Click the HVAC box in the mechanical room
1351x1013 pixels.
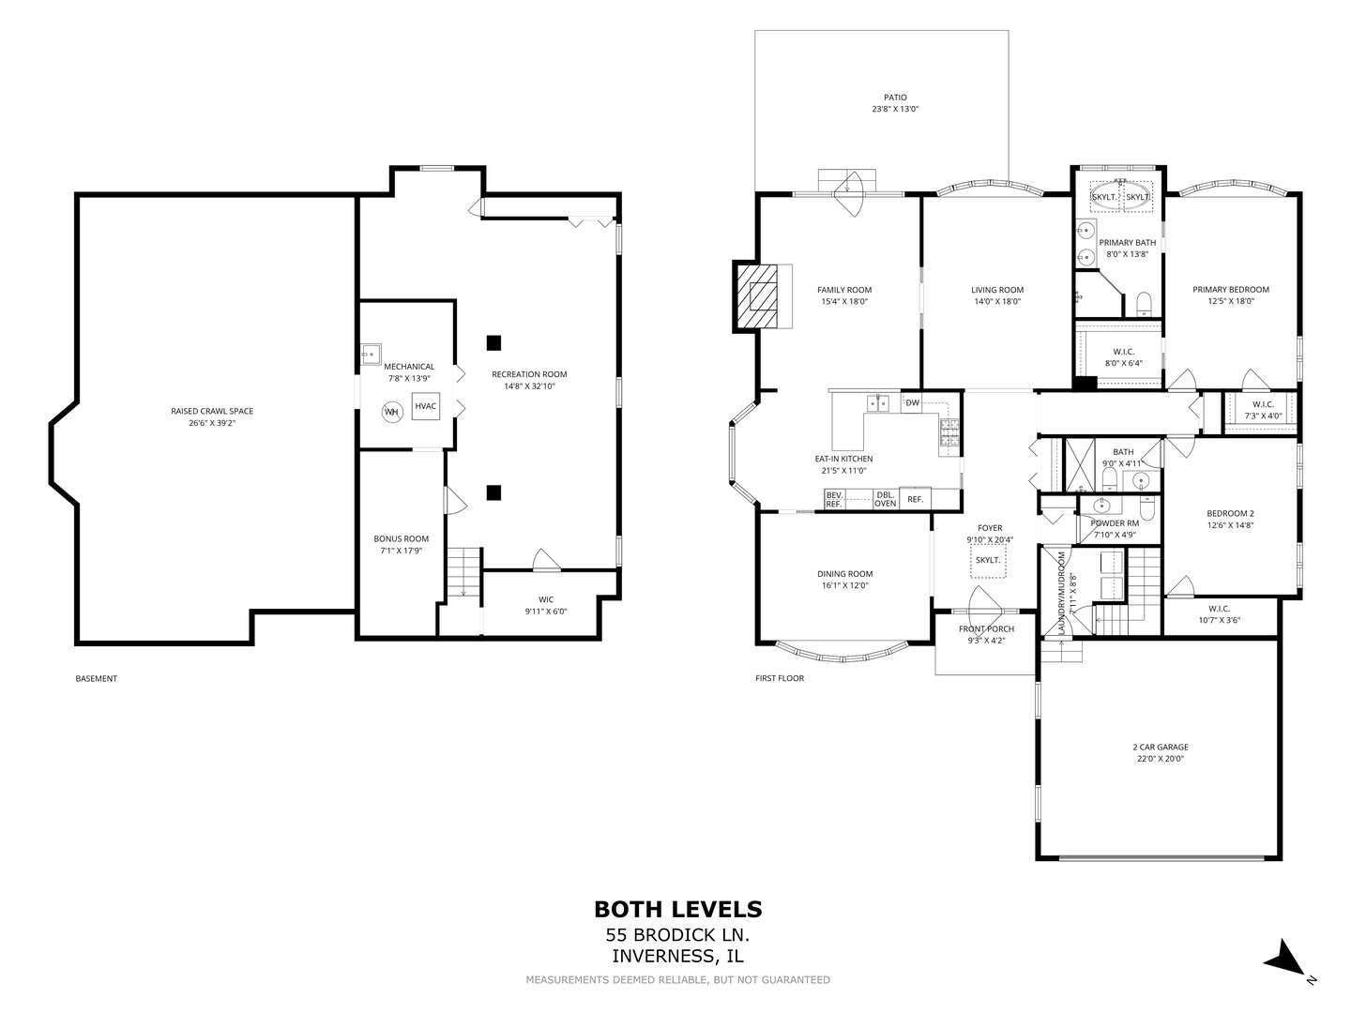(x=425, y=406)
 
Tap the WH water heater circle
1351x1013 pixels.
(x=392, y=412)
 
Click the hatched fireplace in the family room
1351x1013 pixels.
(x=756, y=296)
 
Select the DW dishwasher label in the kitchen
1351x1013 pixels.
(x=912, y=403)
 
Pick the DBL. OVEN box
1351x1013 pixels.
(x=885, y=499)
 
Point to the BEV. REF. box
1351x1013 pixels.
(x=834, y=499)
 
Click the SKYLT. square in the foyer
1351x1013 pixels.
(x=988, y=560)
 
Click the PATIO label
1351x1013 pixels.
(x=895, y=98)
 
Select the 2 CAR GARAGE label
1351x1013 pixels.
(x=1161, y=747)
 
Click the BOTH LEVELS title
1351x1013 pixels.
(x=677, y=909)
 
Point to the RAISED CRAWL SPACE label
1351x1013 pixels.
(x=212, y=411)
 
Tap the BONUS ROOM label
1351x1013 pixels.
(x=401, y=538)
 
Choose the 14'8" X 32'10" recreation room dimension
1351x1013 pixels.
(x=529, y=386)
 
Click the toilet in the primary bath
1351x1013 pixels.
(x=1144, y=305)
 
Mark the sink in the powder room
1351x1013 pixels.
(x=1101, y=506)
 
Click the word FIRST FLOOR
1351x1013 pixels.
(x=780, y=678)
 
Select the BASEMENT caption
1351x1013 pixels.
(x=96, y=678)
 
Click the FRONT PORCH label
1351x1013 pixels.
(x=986, y=628)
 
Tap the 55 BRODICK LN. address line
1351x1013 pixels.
(x=677, y=935)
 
